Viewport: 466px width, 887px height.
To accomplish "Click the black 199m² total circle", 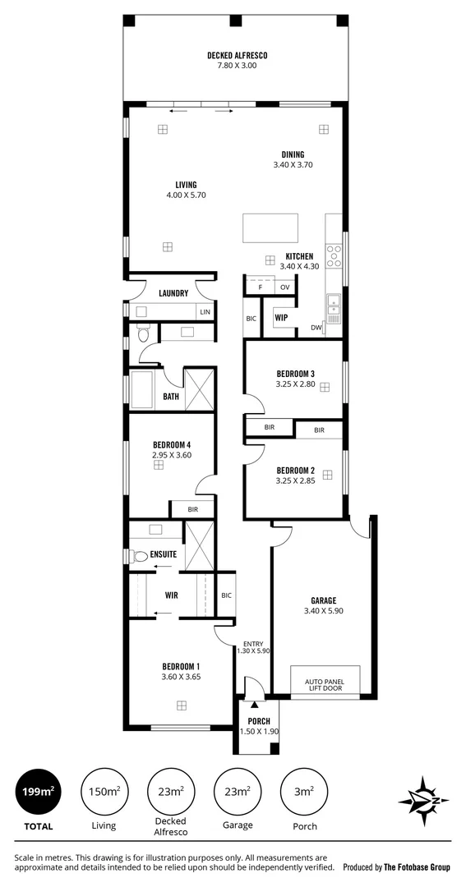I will click(38, 792).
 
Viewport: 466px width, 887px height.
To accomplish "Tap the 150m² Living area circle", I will click(104, 792).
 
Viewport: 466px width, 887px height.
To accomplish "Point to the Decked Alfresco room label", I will click(238, 56).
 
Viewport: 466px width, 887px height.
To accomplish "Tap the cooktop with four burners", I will click(335, 256).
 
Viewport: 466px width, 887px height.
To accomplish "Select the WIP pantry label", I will click(281, 317).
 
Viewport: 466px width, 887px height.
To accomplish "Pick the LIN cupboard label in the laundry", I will click(205, 312).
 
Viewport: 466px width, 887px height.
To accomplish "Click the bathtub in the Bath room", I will click(144, 389).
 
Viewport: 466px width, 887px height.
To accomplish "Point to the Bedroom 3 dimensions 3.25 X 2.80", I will click(295, 395).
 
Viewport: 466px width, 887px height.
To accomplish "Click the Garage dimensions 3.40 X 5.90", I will click(323, 611).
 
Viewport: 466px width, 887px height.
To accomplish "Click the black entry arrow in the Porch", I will click(255, 704).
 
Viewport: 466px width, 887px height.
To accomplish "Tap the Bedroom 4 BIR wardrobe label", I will click(192, 510).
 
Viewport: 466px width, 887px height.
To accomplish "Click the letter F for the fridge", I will click(260, 287).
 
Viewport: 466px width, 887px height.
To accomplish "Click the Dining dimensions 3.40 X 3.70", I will click(293, 165).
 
